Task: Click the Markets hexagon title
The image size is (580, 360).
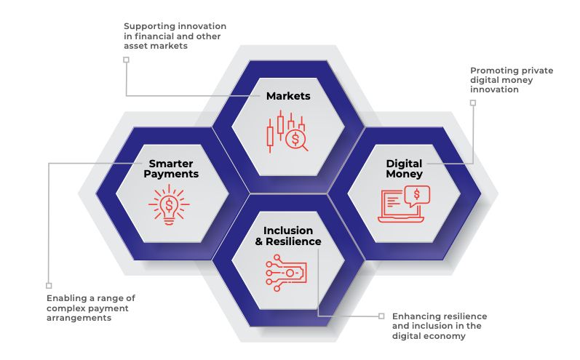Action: [288, 96]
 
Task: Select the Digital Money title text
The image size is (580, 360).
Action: [404, 169]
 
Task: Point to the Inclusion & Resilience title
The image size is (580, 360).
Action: [288, 236]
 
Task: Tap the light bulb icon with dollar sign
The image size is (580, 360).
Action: [169, 203]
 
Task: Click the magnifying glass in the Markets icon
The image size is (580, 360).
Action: [296, 139]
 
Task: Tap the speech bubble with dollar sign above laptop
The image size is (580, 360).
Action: [417, 195]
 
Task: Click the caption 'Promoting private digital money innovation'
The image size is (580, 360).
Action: [511, 80]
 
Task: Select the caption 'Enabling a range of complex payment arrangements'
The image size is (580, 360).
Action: [91, 308]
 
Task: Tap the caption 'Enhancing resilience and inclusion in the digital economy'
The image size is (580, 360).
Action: [440, 327]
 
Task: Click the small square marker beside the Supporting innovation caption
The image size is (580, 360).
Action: [126, 60]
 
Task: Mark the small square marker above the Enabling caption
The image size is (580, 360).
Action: [49, 286]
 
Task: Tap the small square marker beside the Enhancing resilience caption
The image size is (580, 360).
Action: [381, 316]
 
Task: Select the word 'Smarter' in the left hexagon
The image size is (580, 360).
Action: [171, 164]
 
